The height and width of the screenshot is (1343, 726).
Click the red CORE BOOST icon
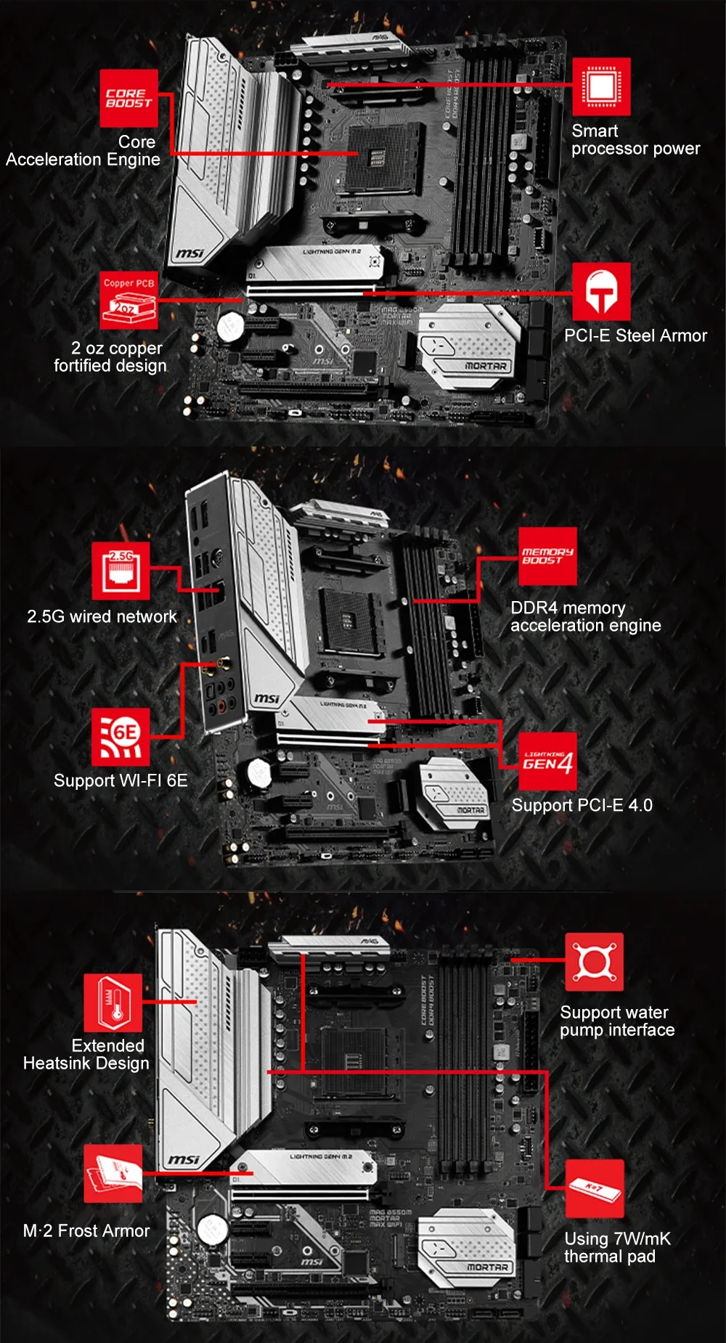coord(129,98)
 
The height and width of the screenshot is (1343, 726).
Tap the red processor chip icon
coord(601,86)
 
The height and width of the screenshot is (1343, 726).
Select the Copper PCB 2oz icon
coord(129,300)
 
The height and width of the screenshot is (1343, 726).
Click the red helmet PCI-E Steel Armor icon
coord(601,291)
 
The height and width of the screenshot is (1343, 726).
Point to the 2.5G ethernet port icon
coord(121,570)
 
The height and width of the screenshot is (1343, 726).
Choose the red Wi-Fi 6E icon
coord(121,736)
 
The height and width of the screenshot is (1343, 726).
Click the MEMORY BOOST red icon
coord(548,556)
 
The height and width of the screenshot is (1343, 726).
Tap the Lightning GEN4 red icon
coord(548,761)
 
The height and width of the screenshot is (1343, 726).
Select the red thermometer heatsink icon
coord(113,1003)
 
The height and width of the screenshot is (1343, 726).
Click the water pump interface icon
coord(594,962)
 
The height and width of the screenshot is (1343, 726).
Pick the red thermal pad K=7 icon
coord(594,1188)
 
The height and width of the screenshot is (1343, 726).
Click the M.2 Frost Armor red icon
coord(113,1174)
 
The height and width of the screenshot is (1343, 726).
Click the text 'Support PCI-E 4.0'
coord(582,805)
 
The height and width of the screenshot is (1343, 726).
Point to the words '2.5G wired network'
coord(102,616)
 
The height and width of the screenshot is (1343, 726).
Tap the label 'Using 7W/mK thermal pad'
coord(616,1248)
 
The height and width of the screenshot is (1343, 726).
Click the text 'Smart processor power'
coord(635,140)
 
